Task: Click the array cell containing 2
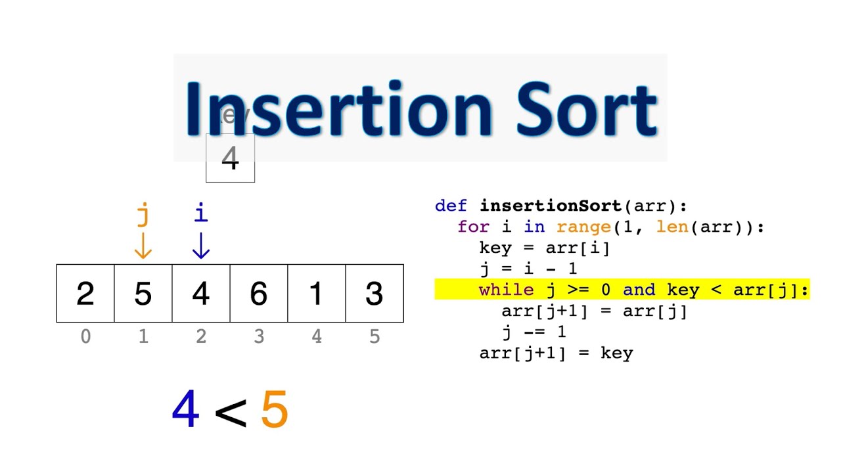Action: [x=85, y=294]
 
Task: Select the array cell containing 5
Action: [x=143, y=294]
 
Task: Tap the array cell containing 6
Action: [x=259, y=294]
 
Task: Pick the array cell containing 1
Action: [x=317, y=294]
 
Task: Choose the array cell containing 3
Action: [x=375, y=294]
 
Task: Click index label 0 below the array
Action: [x=85, y=337]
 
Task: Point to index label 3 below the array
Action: [x=259, y=337]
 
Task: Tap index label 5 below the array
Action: [x=375, y=337]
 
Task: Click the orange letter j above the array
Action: [x=143, y=214]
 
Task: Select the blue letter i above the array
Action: [x=201, y=212]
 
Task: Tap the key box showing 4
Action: [x=230, y=158]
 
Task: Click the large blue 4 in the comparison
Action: [x=185, y=410]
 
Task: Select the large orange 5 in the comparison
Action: [x=275, y=410]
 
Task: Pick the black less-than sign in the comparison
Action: [x=231, y=413]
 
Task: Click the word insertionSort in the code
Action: [x=551, y=206]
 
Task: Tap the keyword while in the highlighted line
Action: [x=506, y=290]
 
